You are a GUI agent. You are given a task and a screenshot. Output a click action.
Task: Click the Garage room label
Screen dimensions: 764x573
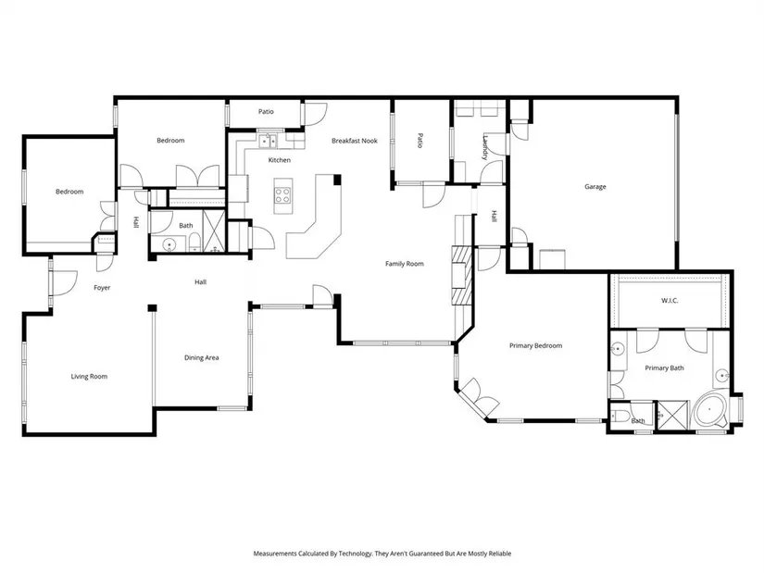tap(595, 187)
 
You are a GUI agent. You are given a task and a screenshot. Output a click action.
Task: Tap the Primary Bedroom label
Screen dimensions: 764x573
tap(535, 346)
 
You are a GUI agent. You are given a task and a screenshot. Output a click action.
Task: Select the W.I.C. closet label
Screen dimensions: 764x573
tap(670, 301)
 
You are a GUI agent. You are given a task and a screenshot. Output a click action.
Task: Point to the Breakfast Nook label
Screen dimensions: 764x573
tap(355, 141)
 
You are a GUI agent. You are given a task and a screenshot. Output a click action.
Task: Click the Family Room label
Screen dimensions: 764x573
tap(405, 264)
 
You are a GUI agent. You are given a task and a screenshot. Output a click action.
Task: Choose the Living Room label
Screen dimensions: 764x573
tap(89, 377)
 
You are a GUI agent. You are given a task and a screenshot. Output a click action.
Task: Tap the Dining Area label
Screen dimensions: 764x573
tap(201, 357)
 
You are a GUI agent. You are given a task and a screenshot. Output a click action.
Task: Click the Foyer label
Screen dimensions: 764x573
tap(102, 288)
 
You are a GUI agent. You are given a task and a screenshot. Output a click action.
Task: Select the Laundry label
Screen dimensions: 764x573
tap(485, 147)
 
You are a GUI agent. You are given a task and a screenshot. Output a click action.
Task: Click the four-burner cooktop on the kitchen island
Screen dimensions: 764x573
tap(283, 196)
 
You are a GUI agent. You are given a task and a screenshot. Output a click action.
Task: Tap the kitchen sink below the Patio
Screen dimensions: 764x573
tap(267, 142)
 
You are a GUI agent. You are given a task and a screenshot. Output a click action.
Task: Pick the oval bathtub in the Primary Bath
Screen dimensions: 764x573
tap(709, 412)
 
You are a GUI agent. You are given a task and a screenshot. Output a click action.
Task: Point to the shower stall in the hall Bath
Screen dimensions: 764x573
tap(213, 230)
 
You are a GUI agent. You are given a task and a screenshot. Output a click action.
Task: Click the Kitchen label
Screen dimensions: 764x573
tap(279, 160)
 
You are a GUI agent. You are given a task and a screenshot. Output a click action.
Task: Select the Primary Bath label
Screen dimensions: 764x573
tap(664, 368)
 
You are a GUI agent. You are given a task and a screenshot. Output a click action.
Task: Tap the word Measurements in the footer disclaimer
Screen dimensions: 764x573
tap(275, 554)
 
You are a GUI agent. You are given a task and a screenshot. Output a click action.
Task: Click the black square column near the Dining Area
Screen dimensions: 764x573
tap(153, 308)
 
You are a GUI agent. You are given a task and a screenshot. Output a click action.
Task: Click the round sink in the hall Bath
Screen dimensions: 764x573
tap(169, 244)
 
